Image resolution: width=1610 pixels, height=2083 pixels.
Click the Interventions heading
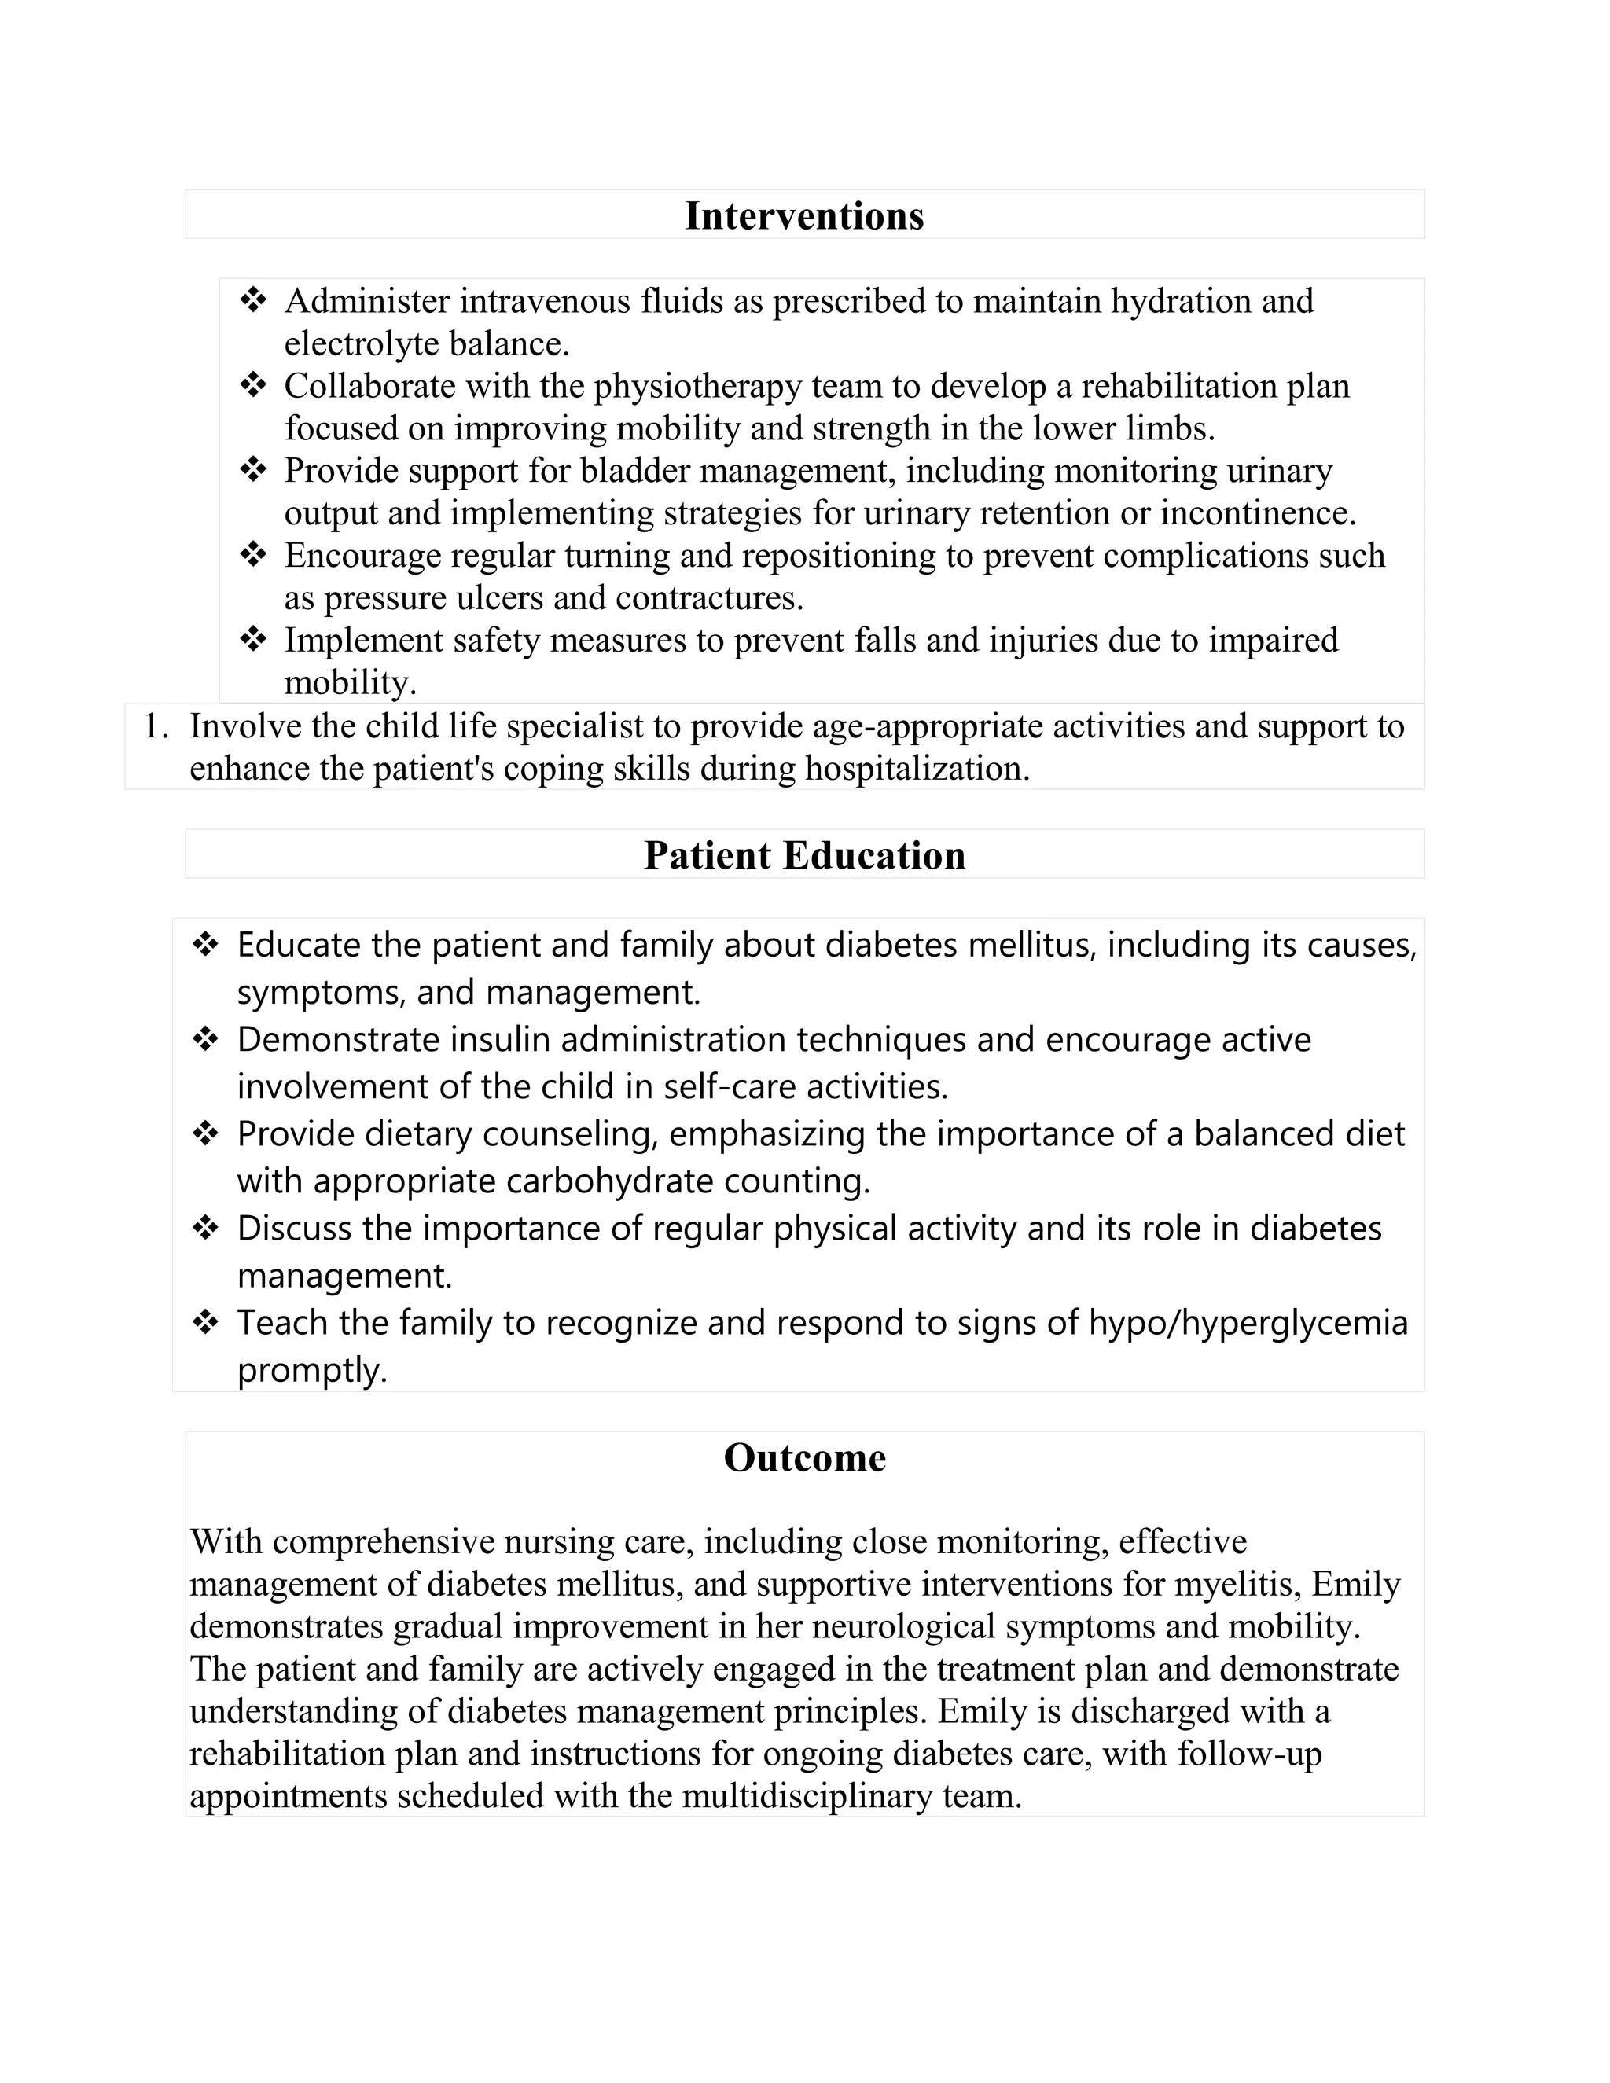(804, 215)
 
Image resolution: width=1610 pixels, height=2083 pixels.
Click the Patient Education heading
(804, 854)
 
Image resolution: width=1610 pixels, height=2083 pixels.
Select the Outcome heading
(804, 1457)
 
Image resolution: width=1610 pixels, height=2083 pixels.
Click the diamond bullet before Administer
(253, 300)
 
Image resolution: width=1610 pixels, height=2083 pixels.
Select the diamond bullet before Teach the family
(205, 1322)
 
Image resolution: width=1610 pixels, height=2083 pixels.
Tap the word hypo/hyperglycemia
(1248, 1323)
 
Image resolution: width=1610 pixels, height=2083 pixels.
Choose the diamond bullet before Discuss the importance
(205, 1228)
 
